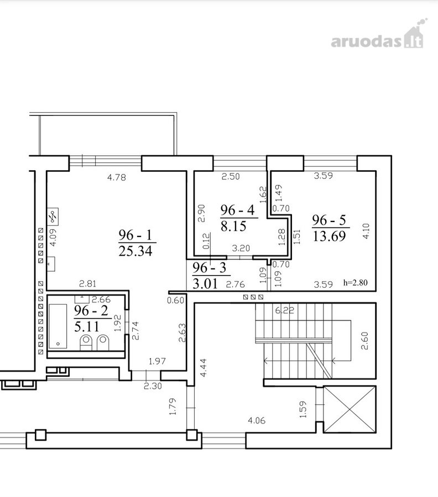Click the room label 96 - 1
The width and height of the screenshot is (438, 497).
pos(135,235)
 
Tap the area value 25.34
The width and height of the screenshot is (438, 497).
pos(135,251)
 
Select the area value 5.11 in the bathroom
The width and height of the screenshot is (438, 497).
pos(87,326)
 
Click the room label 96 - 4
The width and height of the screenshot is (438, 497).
pos(237,210)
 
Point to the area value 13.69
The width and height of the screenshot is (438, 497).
pos(329,236)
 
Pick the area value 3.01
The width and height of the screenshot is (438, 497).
pos(205,283)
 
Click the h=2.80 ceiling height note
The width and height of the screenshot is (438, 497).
pos(356,282)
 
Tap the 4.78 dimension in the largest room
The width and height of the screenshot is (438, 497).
pos(117,177)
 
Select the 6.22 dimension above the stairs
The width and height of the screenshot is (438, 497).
pos(284,310)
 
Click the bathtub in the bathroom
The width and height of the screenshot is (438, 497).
pos(58,326)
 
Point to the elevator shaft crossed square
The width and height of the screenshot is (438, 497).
pos(350,410)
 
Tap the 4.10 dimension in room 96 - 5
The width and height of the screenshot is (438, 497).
pos(366,231)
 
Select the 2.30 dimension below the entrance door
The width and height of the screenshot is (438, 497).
pos(153,386)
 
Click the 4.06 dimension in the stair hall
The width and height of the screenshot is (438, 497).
pos(257,421)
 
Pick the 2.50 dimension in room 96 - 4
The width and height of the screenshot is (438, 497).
pos(231,176)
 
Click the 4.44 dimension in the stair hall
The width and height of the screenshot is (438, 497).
pos(204,368)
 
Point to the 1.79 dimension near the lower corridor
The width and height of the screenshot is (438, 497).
pos(173,406)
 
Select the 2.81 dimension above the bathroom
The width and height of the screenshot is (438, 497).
pos(87,284)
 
